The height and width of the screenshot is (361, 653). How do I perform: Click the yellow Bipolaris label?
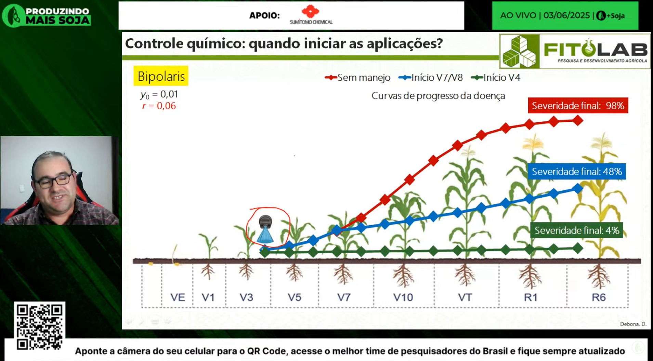pos(161,76)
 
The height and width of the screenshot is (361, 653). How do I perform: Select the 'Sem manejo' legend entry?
pos(357,78)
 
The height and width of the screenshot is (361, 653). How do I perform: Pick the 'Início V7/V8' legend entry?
pos(431,78)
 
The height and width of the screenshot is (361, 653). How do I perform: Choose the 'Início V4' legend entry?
pos(496,78)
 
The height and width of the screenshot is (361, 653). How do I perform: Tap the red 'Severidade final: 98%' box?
pos(578,106)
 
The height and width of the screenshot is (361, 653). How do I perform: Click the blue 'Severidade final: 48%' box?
pos(577,171)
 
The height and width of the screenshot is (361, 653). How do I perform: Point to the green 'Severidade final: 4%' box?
pos(577,230)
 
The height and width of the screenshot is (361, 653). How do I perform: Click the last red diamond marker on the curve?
pos(578,120)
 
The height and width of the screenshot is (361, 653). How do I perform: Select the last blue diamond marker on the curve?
pos(578,188)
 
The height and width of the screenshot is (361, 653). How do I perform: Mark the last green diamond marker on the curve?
pos(578,248)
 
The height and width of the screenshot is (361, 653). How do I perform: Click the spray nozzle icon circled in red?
pos(265,229)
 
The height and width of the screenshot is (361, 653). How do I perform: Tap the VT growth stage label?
pos(465,297)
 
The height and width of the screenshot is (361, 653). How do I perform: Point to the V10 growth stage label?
pos(403,297)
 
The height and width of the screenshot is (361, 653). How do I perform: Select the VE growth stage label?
pos(178,297)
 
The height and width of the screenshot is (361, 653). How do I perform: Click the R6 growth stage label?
pos(599,297)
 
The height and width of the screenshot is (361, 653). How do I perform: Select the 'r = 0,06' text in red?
pos(159,106)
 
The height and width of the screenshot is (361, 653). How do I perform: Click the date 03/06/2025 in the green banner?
pos(566,15)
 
